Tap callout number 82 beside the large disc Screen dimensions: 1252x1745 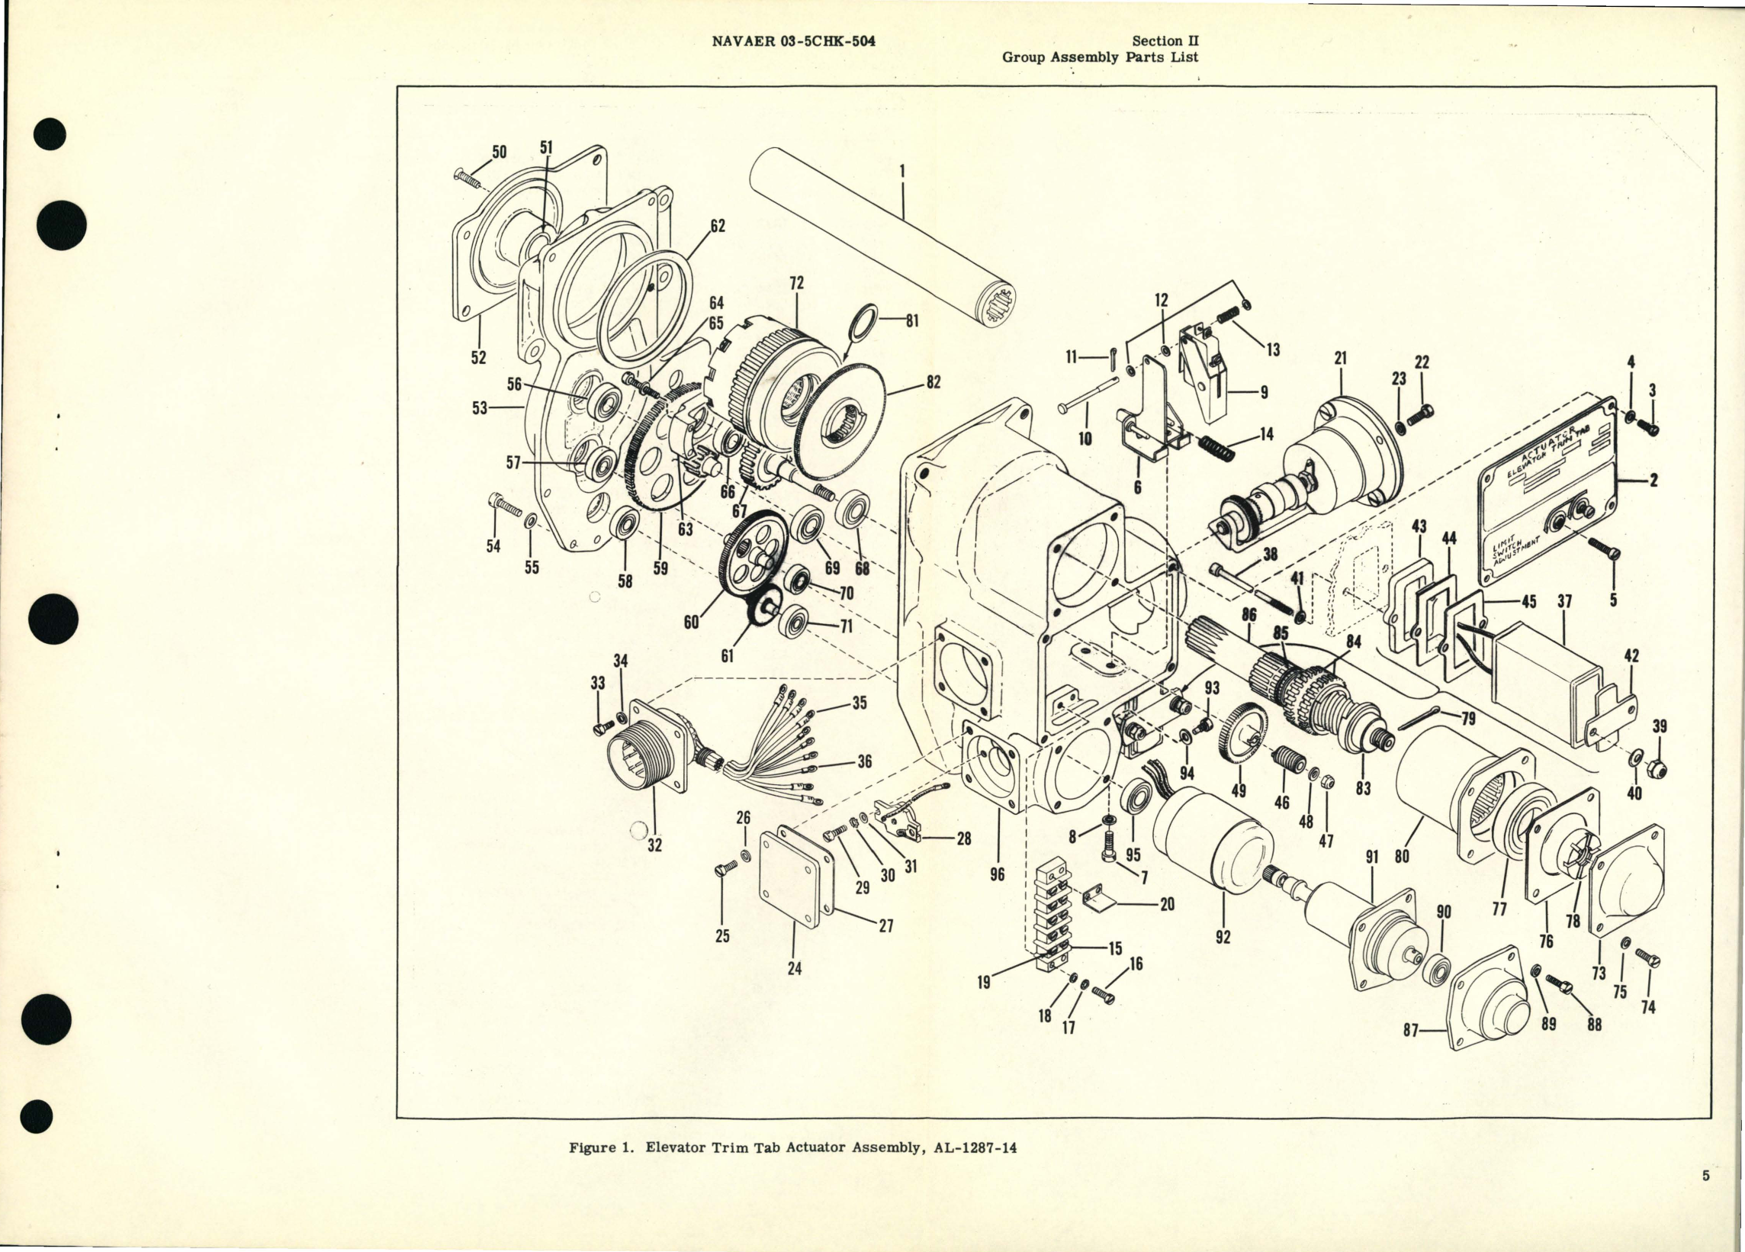933,382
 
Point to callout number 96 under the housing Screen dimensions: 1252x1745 997,874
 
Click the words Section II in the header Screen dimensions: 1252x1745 1165,41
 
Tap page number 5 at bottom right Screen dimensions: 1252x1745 1705,1197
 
